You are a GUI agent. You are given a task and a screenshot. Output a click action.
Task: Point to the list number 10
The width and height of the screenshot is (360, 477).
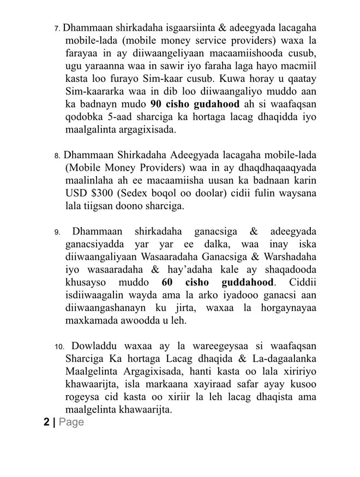click(59, 347)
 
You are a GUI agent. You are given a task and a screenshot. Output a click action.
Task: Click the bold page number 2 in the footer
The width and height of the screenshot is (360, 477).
click(47, 422)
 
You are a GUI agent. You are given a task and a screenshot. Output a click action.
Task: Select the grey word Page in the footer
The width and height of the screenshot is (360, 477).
click(71, 422)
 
